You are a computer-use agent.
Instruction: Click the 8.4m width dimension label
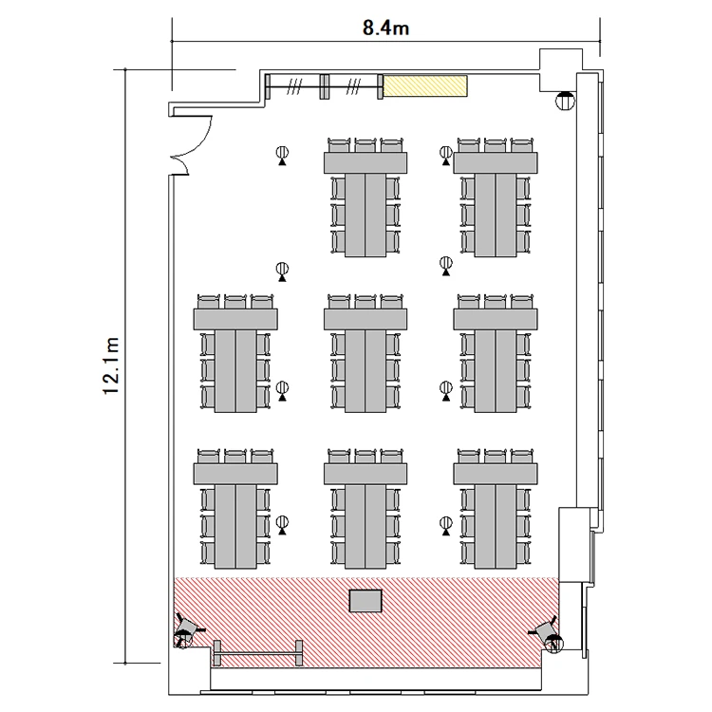point(385,28)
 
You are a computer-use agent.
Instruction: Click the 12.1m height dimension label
point(111,366)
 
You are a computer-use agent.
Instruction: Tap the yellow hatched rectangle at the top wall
point(425,85)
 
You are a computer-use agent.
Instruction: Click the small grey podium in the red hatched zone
point(365,601)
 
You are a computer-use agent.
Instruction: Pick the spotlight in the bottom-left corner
point(186,630)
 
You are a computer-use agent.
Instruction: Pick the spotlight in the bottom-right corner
point(549,633)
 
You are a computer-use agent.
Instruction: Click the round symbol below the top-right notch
point(566,101)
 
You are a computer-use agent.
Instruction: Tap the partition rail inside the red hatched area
point(257,654)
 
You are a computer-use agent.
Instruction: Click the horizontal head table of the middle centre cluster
point(365,319)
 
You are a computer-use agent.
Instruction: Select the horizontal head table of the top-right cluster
point(496,163)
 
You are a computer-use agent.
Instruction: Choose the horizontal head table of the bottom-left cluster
point(235,474)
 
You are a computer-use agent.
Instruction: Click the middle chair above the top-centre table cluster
point(365,145)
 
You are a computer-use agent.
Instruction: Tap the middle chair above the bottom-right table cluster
point(496,456)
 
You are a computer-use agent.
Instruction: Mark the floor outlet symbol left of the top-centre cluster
point(283,156)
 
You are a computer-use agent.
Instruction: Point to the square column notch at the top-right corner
point(561,70)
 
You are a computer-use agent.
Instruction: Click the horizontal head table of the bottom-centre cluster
point(365,474)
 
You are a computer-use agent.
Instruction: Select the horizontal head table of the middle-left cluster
point(235,319)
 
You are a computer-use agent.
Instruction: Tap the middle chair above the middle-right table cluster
point(496,302)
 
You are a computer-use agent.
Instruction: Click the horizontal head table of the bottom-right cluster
point(496,474)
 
